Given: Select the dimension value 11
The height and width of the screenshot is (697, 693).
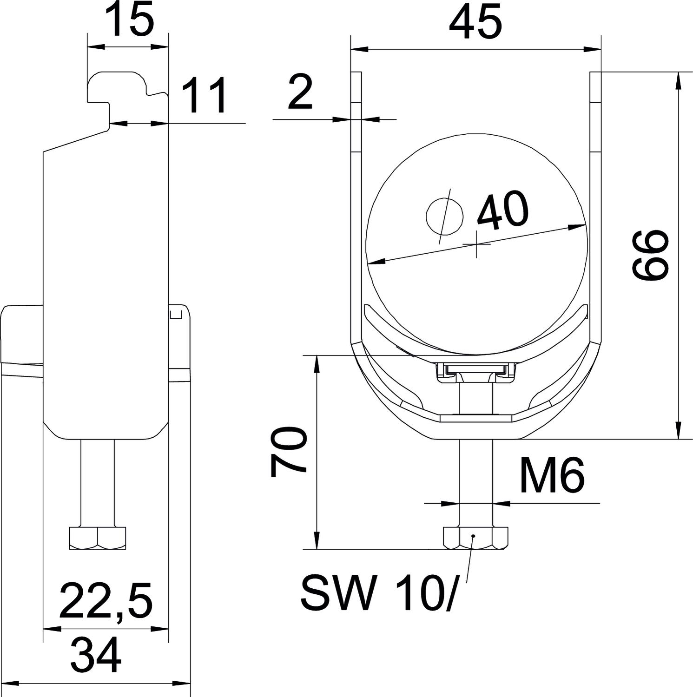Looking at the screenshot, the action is click(x=204, y=96).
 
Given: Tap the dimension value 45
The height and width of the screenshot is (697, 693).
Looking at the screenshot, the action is click(x=475, y=22).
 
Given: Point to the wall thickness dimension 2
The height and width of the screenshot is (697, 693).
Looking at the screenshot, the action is click(x=300, y=92).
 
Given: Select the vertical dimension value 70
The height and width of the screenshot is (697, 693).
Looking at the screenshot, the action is click(x=288, y=453).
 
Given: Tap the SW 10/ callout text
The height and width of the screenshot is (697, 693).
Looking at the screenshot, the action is click(x=377, y=593).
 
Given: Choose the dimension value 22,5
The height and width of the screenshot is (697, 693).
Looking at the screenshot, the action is click(x=106, y=602).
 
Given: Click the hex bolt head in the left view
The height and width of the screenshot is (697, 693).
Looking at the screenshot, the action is click(x=97, y=538).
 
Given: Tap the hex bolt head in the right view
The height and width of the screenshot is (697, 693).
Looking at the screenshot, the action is click(x=475, y=538).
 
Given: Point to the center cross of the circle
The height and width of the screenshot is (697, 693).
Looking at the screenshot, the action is click(x=476, y=244).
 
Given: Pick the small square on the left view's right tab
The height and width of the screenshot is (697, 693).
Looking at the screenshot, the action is click(x=175, y=315).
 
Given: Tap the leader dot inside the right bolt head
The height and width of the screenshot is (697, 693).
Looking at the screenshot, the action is click(x=473, y=536).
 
